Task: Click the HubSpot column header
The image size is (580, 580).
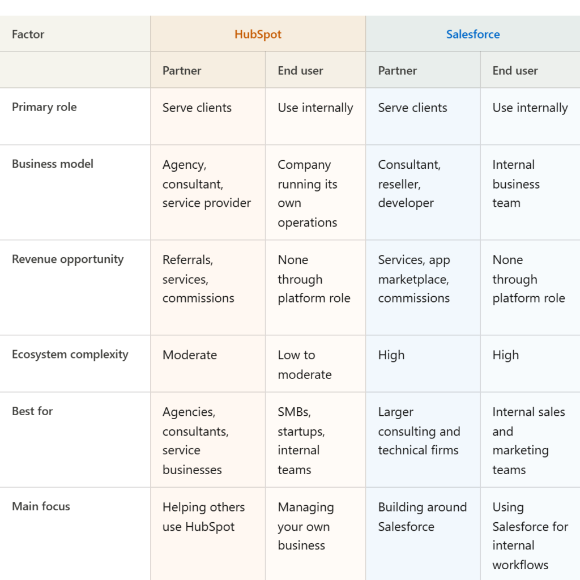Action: [x=258, y=34]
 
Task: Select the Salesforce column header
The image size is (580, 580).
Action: [x=473, y=34]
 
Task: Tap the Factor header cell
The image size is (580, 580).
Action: [x=28, y=34]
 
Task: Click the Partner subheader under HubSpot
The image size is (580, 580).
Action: [x=182, y=71]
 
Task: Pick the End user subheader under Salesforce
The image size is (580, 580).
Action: [x=515, y=71]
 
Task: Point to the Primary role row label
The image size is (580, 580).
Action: [x=44, y=107]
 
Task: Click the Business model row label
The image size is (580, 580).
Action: [x=53, y=164]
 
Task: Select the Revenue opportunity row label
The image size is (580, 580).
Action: [x=67, y=259]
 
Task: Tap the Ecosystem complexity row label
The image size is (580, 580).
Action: [x=70, y=355]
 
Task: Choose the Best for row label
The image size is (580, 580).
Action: [x=32, y=411]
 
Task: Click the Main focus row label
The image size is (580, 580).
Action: [x=41, y=506]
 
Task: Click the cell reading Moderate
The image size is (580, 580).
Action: [x=190, y=355]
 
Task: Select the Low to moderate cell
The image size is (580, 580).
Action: [x=305, y=365]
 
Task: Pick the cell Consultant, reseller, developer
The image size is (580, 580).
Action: [x=409, y=184]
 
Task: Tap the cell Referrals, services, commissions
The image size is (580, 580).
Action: [x=198, y=279]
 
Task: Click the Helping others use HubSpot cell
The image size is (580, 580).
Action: [x=203, y=517]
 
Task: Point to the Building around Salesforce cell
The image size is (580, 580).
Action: [x=422, y=517]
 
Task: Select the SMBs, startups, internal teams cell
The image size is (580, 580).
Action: [x=301, y=441]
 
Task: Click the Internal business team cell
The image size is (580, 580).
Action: [x=515, y=184]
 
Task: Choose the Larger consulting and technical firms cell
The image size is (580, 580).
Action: [x=419, y=431]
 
